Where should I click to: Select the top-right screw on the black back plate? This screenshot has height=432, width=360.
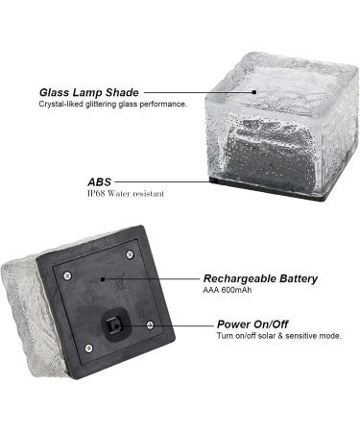coord(130,253)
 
